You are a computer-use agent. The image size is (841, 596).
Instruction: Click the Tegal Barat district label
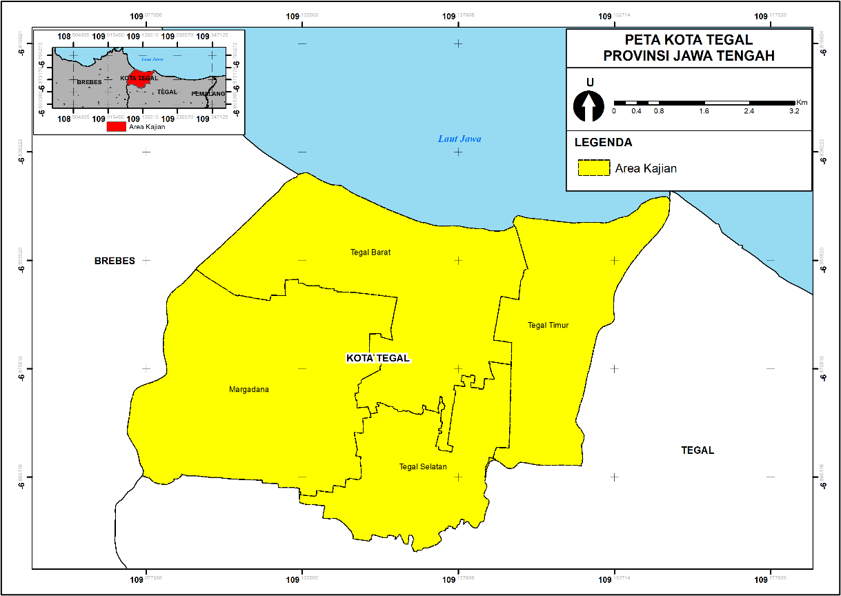coord(370,252)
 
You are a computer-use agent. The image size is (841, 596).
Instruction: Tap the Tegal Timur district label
coord(548,325)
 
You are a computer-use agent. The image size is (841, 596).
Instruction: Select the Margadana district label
coord(248,390)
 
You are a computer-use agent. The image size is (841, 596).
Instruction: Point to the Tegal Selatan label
coord(423,467)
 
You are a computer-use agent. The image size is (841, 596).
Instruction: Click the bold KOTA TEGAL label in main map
coord(377,358)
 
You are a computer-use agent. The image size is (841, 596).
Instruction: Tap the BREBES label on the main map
coord(115,261)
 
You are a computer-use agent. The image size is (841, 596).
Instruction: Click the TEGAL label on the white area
coord(697,450)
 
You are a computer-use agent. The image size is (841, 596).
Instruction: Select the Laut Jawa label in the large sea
coord(459,139)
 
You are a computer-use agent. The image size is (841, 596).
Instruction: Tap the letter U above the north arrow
coord(589,83)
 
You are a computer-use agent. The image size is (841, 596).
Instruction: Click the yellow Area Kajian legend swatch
coord(594,168)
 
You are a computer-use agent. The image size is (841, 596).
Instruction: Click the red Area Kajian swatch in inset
coord(117,126)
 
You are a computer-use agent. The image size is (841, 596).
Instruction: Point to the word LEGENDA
coord(603,143)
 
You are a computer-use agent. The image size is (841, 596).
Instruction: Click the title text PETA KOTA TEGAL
coord(689,40)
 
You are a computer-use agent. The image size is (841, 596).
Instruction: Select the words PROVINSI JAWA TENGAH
coord(689,56)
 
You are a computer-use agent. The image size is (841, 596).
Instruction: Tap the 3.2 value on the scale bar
coord(793,111)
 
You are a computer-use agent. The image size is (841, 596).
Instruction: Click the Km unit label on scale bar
coord(801,102)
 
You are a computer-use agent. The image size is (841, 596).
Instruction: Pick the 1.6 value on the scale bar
coord(704,111)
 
